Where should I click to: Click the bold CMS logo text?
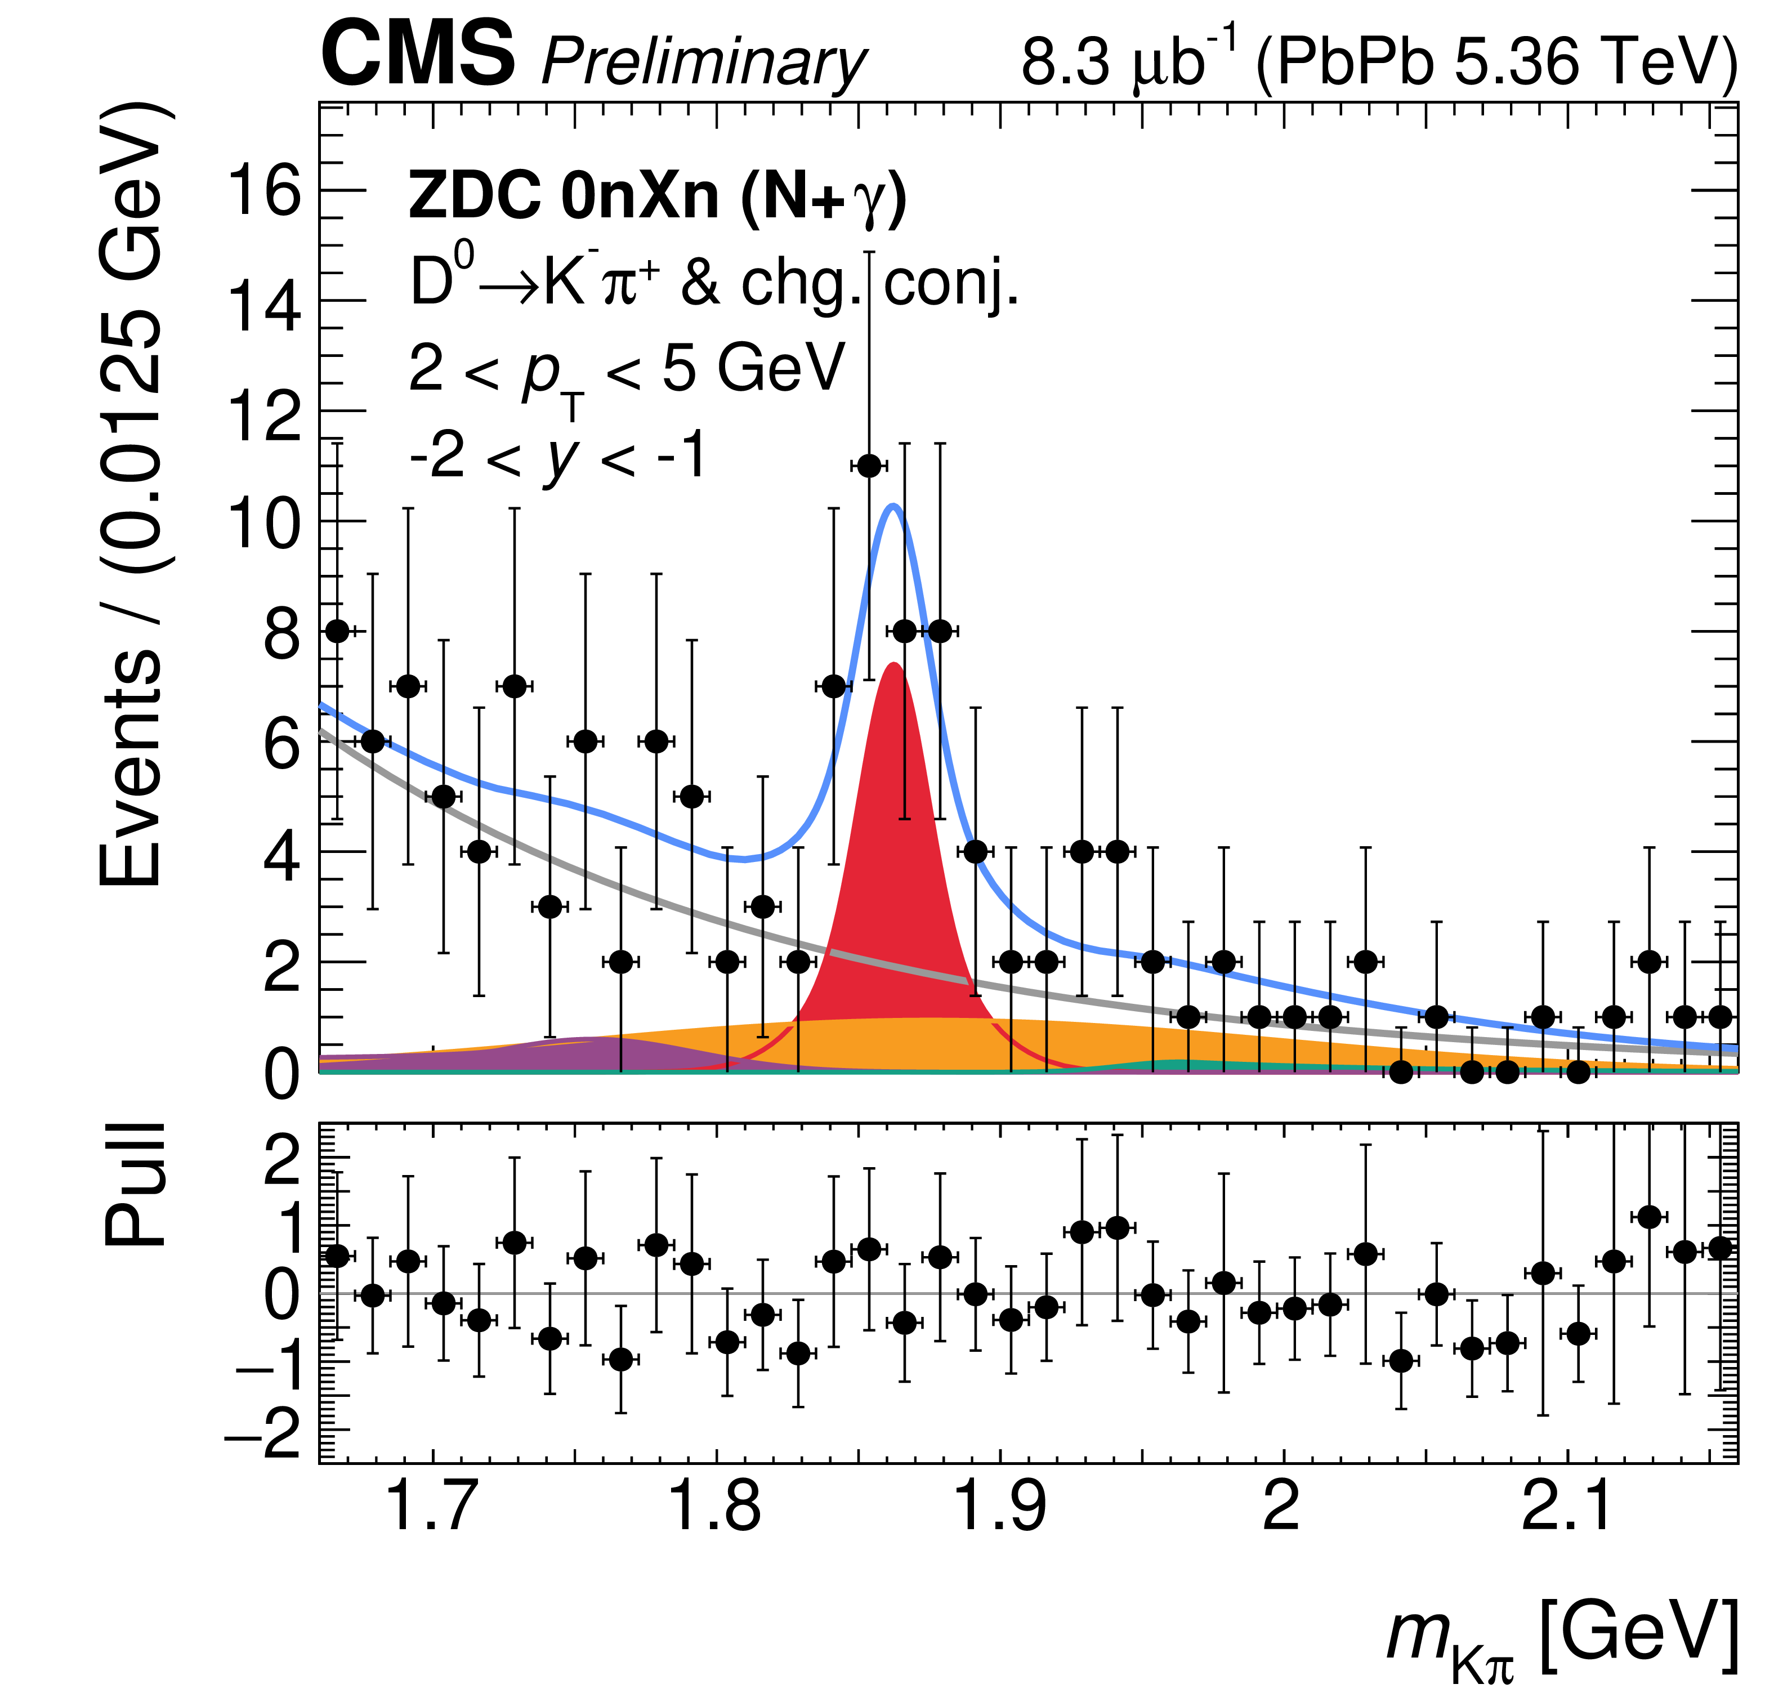point(418,56)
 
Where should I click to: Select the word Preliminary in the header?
point(703,64)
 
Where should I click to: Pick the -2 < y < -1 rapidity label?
point(557,455)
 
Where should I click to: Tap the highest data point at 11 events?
point(869,466)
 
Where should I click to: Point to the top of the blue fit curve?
point(893,506)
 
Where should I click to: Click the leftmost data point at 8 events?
point(337,631)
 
